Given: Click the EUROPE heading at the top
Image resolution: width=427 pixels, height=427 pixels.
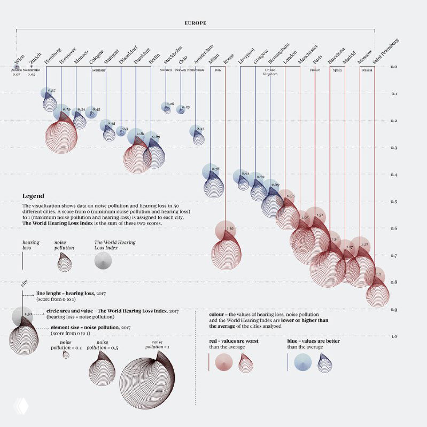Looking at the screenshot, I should point(195,23).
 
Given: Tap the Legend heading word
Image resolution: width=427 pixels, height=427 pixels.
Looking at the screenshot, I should point(33,196).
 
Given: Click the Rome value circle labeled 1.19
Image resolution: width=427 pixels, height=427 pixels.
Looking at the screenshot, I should point(226,230).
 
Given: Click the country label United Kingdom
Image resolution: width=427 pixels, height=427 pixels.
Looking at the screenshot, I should point(270,72).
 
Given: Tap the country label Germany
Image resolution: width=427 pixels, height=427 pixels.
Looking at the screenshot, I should point(98,70).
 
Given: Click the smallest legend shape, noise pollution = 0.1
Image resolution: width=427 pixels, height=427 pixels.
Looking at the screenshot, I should point(66,354).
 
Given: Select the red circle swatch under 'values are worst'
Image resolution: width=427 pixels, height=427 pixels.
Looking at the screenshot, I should point(224,362).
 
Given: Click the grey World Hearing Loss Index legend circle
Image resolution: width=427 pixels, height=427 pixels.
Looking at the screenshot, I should point(103,260).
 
